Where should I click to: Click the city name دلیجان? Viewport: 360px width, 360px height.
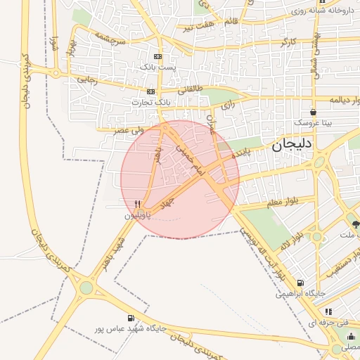pos(294,145)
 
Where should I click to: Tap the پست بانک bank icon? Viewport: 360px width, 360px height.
pos(157,56)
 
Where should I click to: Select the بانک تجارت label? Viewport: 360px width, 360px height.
pos(151,103)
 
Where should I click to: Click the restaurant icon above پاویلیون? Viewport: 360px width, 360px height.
pos(138,204)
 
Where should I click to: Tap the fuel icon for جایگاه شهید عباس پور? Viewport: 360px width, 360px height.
pos(131,318)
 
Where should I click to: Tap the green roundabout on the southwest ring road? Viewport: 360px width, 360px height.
pos(86,287)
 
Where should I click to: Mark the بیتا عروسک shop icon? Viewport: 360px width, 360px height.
pos(313,112)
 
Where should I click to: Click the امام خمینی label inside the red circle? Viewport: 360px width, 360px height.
pos(188,160)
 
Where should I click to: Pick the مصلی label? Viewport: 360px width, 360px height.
pos(349,347)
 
